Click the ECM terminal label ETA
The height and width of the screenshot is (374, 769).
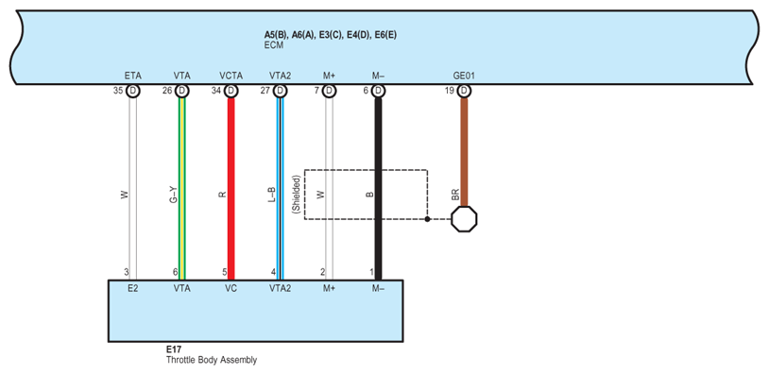(x=132, y=76)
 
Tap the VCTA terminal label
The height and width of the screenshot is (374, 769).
(x=231, y=76)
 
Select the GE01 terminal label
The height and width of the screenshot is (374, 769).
(x=464, y=76)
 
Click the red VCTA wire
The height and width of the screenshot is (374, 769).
(x=231, y=189)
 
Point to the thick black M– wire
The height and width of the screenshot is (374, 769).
(x=378, y=189)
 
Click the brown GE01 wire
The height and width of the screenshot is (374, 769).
(x=464, y=152)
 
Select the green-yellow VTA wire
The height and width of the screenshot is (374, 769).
(x=182, y=189)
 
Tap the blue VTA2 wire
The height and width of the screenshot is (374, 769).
(x=280, y=189)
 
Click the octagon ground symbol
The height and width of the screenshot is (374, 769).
(x=464, y=219)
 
